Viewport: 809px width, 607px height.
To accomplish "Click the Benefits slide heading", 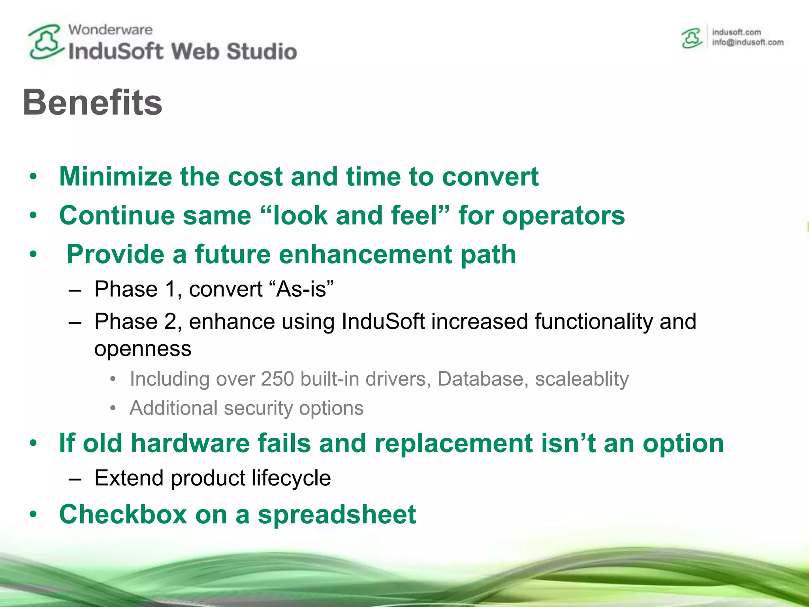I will (92, 102).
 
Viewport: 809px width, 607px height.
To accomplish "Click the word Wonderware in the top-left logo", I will (110, 30).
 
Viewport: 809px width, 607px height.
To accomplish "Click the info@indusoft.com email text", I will (747, 42).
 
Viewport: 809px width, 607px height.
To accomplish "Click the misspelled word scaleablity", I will (581, 379).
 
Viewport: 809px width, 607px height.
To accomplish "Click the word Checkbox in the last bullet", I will (123, 515).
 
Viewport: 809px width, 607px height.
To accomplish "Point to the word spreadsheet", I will (337, 515).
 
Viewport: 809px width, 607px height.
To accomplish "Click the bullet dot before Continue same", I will (33, 216).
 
